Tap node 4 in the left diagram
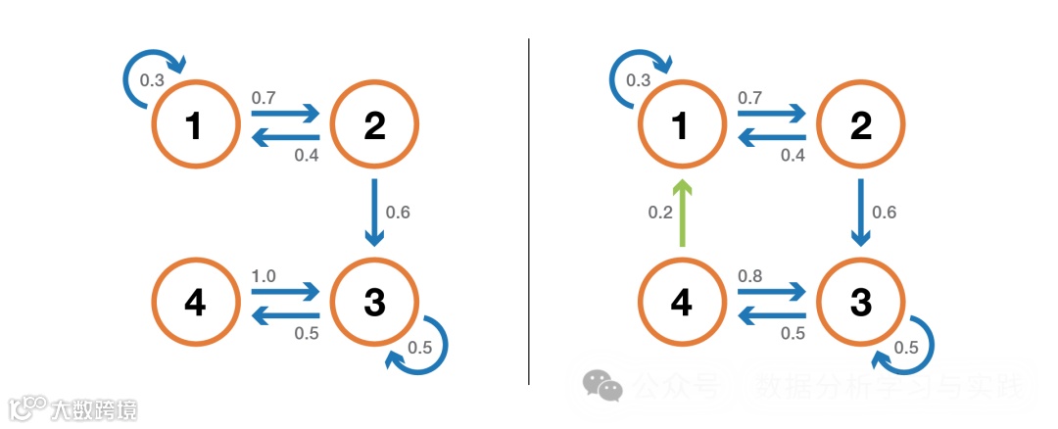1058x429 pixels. [195, 304]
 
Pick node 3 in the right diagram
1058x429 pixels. [861, 304]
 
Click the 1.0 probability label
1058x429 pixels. [264, 276]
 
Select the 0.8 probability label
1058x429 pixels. [749, 276]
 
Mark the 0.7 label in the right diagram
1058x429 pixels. [749, 98]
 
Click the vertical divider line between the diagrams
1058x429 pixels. [529, 211]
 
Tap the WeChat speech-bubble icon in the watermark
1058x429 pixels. [602, 385]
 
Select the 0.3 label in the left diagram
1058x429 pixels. [152, 80]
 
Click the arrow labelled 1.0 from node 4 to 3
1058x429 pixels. [286, 291]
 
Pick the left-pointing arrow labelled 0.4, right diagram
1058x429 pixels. [771, 139]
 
